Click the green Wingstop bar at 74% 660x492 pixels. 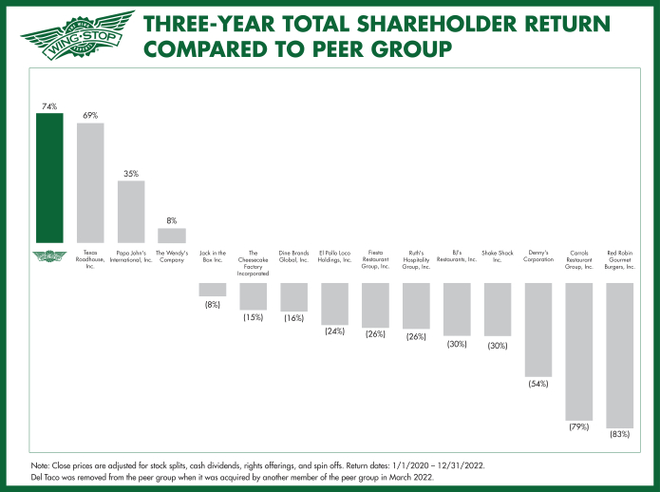click(x=49, y=177)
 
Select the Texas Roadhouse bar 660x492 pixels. click(x=90, y=182)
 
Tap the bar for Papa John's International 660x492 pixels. click(x=131, y=211)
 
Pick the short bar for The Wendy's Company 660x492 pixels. click(x=172, y=235)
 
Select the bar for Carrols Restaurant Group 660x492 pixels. click(x=579, y=351)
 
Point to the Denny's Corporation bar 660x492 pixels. click(x=538, y=329)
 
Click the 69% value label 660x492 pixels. click(x=90, y=115)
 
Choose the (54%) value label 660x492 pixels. click(x=538, y=384)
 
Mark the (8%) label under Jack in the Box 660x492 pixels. click(x=213, y=304)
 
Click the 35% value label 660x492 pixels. click(x=131, y=174)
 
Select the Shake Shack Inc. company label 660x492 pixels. click(x=498, y=256)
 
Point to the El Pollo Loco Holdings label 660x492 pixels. click(x=334, y=256)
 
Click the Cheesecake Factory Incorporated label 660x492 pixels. click(x=253, y=262)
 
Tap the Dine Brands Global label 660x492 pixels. click(x=293, y=256)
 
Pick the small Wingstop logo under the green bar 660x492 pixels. click(x=49, y=255)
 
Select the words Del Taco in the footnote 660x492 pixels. click(x=47, y=477)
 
